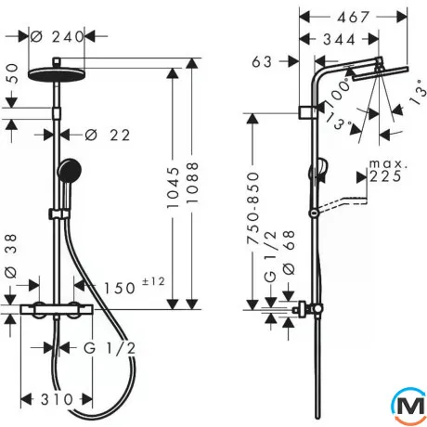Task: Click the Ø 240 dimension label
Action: click(x=58, y=37)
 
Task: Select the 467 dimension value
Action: click(x=353, y=17)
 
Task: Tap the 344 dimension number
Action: click(x=339, y=39)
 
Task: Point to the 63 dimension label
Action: click(x=262, y=61)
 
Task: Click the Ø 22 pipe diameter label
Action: click(x=108, y=135)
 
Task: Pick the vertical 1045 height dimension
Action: click(x=173, y=188)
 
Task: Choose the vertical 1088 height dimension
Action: click(x=192, y=183)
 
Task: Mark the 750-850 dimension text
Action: click(x=252, y=208)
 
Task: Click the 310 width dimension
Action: click(x=57, y=399)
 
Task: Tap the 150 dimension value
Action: click(x=120, y=288)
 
